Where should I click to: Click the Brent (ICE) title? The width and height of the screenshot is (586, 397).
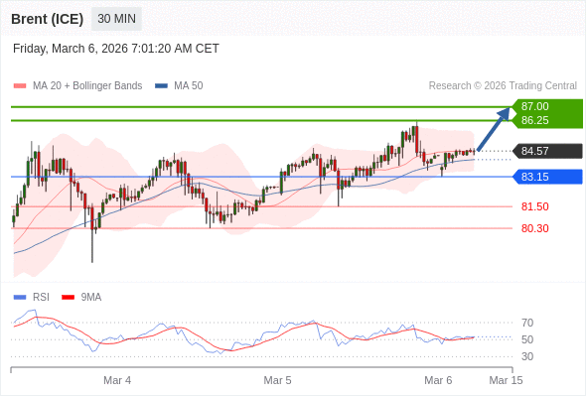coord(47,19)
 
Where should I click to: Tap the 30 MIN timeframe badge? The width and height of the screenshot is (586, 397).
coord(117,19)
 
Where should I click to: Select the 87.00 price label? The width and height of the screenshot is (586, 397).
coord(535,106)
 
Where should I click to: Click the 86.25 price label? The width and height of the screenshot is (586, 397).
coord(535,120)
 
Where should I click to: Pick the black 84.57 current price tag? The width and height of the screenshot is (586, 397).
coord(535,151)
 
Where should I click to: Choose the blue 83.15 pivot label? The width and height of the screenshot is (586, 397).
coord(535,177)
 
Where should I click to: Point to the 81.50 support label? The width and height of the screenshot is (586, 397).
coord(534,206)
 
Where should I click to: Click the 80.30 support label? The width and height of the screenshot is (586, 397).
coord(534,228)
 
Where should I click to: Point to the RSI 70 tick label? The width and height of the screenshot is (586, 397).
coord(527,323)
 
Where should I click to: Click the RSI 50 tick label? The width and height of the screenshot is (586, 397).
coord(527,339)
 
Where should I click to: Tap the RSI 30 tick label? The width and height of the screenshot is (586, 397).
coord(527,356)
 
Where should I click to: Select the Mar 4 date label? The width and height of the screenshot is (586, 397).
coord(117,380)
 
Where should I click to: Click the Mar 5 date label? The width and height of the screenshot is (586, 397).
coord(277,380)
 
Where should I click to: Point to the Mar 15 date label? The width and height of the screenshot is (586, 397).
coord(506,380)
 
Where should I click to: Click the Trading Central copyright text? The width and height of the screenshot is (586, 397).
coord(503,85)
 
